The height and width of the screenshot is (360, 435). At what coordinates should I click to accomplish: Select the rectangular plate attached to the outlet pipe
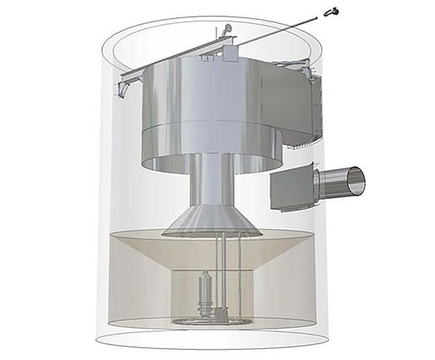coord(291,187)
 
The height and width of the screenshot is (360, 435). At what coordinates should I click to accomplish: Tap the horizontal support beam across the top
coord(174,59)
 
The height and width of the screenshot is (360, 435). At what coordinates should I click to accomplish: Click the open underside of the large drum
coord(205,163)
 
